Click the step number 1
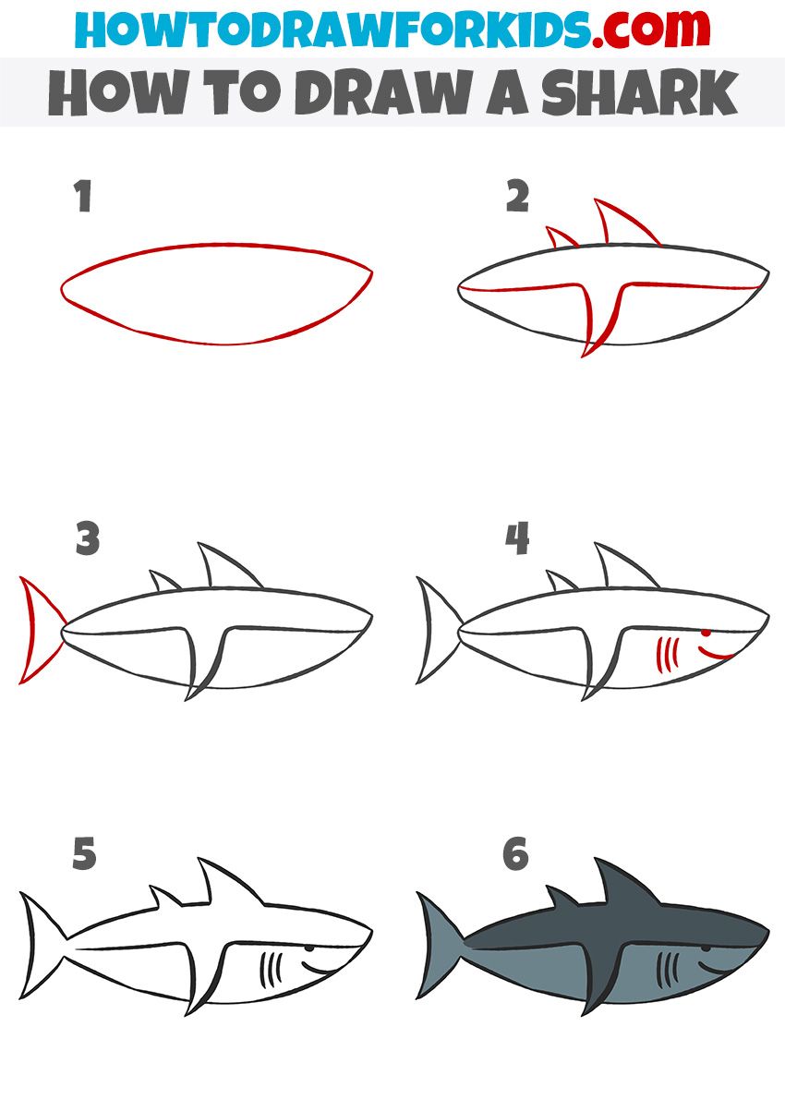click(x=83, y=197)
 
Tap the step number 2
click(x=517, y=197)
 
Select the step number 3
click(x=87, y=539)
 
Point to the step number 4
click(x=517, y=539)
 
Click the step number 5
click(x=84, y=855)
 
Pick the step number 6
click(x=516, y=855)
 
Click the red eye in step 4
click(x=706, y=634)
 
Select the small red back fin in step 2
click(x=560, y=239)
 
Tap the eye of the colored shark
click(x=706, y=948)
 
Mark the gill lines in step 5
click(x=271, y=970)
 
